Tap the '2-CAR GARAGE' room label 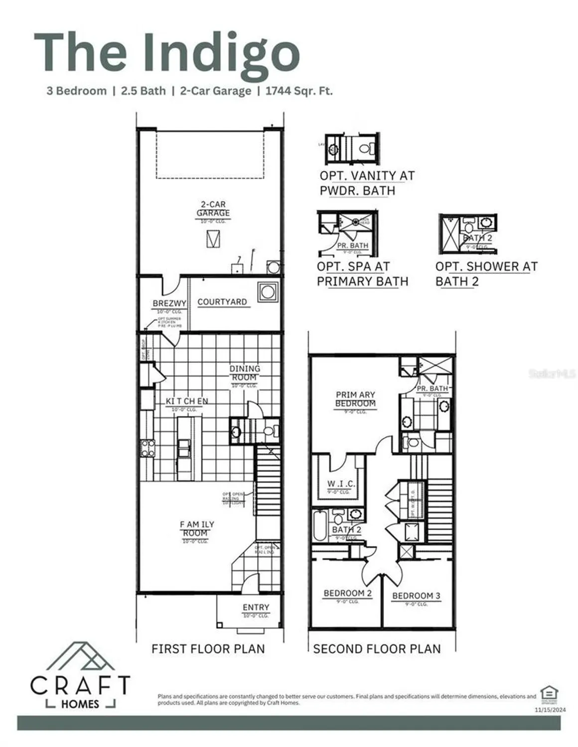[x=213, y=209]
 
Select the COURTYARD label [x=222, y=302]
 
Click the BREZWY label [x=169, y=303]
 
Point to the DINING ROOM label [x=245, y=373]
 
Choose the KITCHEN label [x=187, y=401]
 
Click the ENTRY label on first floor [x=256, y=608]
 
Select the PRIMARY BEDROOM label [x=355, y=399]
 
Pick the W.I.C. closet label [x=341, y=484]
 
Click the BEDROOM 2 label [x=348, y=593]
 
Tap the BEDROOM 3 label [x=416, y=596]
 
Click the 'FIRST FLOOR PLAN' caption [x=208, y=649]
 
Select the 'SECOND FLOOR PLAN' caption [x=377, y=649]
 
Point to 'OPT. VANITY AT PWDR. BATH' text [x=367, y=183]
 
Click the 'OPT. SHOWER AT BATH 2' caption [x=486, y=273]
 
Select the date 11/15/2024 [x=550, y=710]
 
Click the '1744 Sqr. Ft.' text [x=299, y=91]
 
